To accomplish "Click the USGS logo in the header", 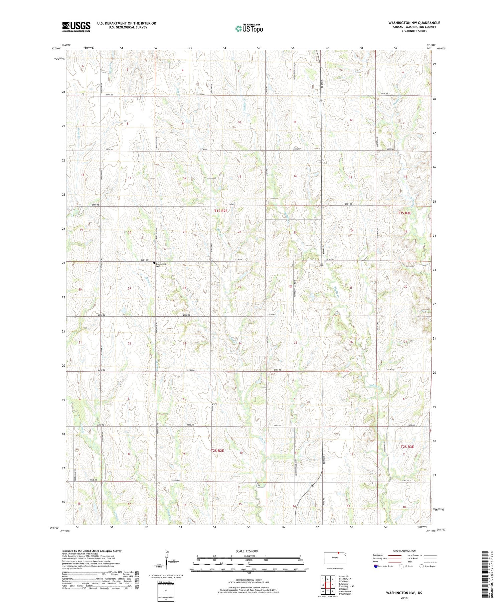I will point(76,26).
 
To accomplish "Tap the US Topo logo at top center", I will point(249,28).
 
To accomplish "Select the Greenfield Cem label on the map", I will point(161,265).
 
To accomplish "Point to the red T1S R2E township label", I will point(221,211).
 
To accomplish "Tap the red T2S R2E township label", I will point(217,450).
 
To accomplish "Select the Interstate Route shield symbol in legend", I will point(376,566).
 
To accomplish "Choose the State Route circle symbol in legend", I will point(422,566).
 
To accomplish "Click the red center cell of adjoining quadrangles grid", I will point(328,585).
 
